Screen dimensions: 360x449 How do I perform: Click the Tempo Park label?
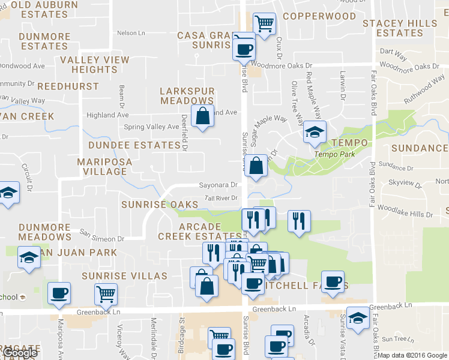point(335,154)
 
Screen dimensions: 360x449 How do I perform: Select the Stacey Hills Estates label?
point(400,28)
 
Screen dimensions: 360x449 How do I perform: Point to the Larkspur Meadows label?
point(187,96)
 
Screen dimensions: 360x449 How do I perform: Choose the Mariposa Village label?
point(101,167)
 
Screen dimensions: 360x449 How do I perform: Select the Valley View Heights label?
point(95,65)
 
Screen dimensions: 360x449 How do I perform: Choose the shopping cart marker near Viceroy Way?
point(106,294)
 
